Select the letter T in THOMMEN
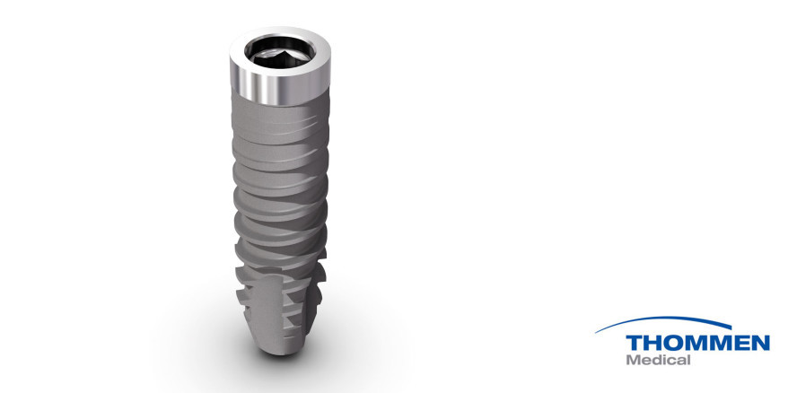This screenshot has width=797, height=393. click(635, 343)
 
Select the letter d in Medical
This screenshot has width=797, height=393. click(659, 361)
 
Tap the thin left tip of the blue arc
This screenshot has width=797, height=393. click(600, 335)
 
